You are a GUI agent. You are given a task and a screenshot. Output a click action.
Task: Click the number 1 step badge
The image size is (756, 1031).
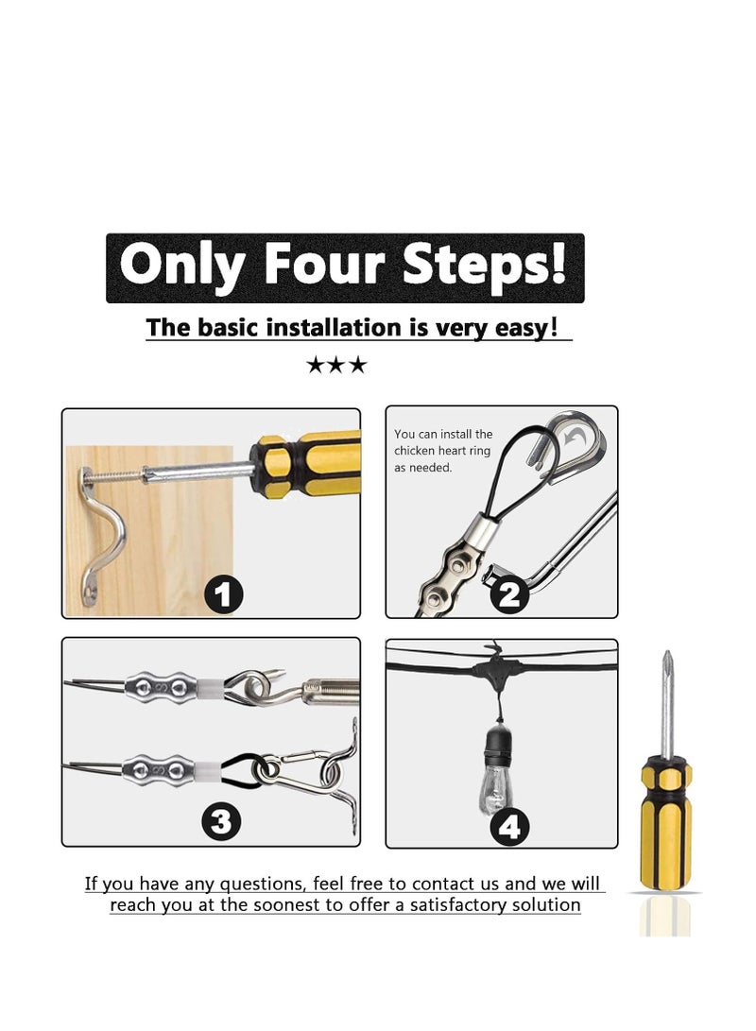coord(224,595)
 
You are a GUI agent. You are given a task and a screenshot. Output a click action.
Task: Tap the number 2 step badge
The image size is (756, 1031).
coord(509,595)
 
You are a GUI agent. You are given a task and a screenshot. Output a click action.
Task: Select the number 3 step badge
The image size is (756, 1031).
coord(221,821)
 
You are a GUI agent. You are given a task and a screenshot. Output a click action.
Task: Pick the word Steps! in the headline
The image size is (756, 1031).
coord(484,265)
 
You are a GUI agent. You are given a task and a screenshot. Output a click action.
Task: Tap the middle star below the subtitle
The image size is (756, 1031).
coord(335,364)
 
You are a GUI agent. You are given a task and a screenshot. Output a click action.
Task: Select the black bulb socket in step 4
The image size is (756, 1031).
coord(499,743)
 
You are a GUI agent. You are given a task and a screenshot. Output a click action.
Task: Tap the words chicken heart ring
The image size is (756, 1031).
coord(442,451)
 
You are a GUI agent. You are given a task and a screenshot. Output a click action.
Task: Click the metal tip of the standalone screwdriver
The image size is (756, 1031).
coord(667,702)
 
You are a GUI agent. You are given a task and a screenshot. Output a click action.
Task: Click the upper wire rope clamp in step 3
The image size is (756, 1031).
coord(161,688)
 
